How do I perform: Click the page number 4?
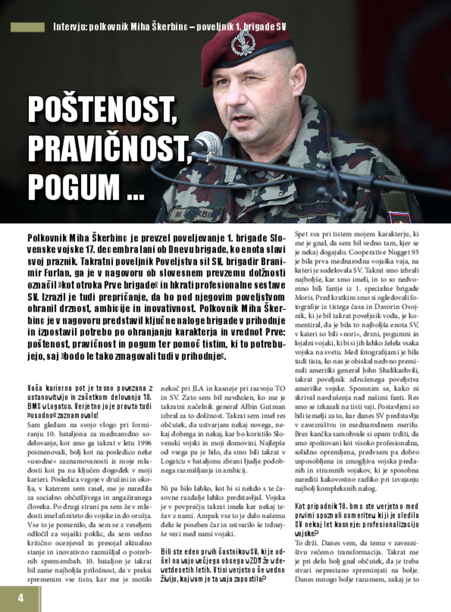pos(20,598)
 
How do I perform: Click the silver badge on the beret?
pos(243,42)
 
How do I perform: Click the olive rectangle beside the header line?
pos(27,27)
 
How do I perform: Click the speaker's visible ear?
pos(298,79)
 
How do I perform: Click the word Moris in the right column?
pos(301,297)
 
